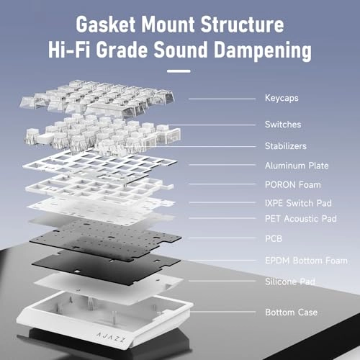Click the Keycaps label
tap(282, 98)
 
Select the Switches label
tap(283, 125)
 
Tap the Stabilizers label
tap(286, 146)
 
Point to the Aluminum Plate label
tap(297, 166)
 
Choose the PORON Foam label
tap(293, 185)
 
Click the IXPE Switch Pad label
tap(298, 203)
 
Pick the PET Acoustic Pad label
tap(301, 219)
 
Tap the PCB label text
tap(274, 238)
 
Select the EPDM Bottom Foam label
tap(306, 261)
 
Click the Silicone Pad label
tap(290, 282)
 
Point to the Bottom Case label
tap(292, 312)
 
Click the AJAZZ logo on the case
tap(111, 337)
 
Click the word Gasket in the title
tap(106, 24)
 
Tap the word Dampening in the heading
tap(263, 50)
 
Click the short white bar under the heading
tap(179, 71)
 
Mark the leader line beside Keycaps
tap(222, 99)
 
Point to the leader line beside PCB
tap(222, 238)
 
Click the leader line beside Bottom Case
tap(222, 312)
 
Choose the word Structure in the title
tap(242, 24)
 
